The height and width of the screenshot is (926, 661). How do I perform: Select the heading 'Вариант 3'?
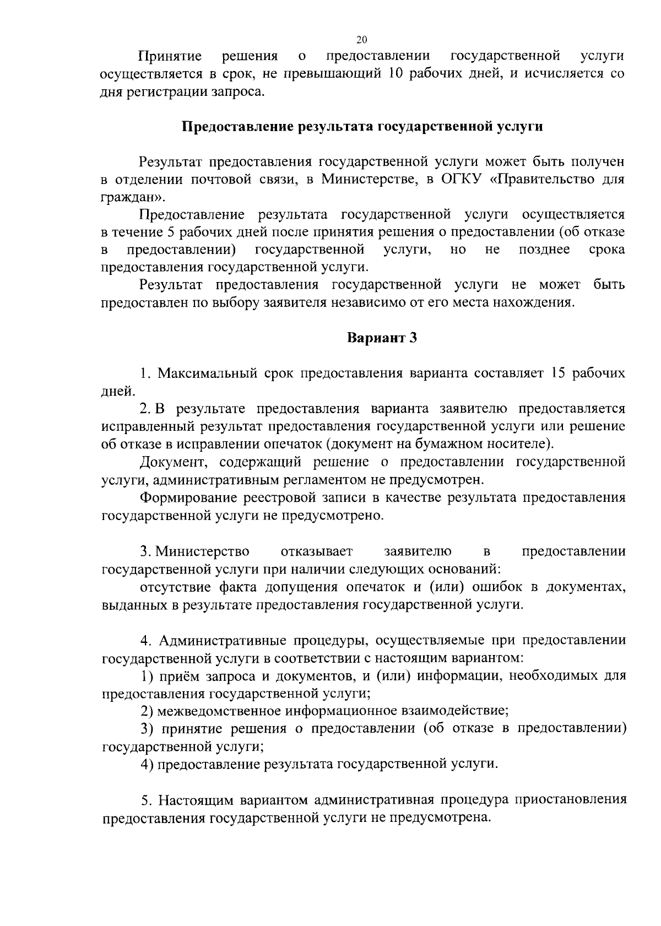382,338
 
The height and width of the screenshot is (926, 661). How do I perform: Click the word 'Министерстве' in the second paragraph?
365,180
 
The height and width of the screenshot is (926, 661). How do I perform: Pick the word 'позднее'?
544,250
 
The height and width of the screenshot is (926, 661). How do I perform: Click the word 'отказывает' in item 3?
317,551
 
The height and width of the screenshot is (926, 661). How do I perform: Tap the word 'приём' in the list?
180,675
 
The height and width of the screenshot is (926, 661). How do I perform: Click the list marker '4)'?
147,764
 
